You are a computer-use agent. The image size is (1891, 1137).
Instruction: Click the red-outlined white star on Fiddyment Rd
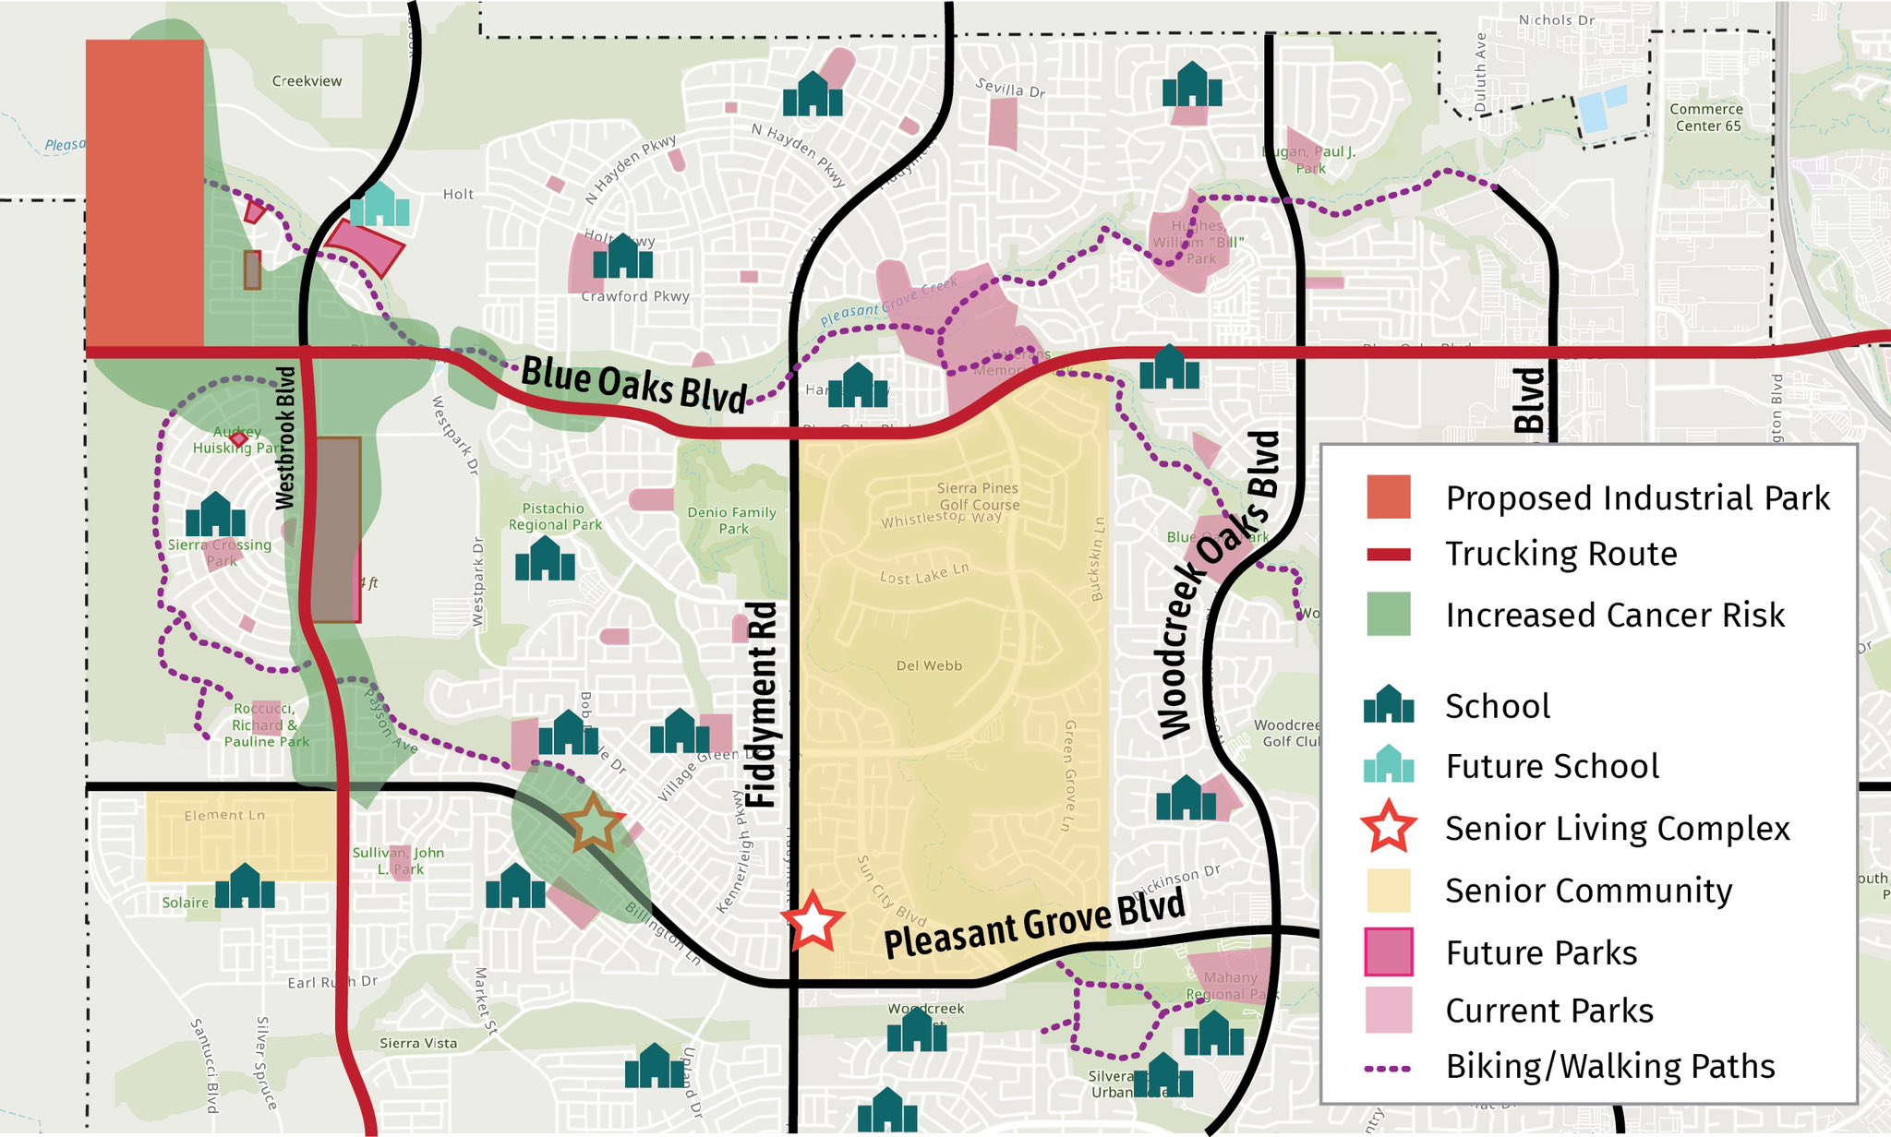[x=813, y=921]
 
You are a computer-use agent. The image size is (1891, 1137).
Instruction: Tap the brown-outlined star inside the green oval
[x=593, y=824]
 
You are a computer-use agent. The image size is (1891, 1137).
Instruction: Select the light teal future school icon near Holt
[x=379, y=205]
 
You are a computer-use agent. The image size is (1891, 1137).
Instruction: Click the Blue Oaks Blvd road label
[x=633, y=385]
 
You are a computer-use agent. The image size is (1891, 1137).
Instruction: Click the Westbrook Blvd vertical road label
[x=286, y=437]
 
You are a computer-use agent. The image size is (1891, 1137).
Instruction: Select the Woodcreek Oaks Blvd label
[x=1219, y=586]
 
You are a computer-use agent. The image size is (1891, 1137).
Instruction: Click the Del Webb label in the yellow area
[x=929, y=665]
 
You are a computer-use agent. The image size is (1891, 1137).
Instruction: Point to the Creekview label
[x=307, y=81]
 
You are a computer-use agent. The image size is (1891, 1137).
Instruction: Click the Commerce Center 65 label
[x=1706, y=117]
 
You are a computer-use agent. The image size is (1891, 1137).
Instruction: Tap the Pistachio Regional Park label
[x=554, y=517]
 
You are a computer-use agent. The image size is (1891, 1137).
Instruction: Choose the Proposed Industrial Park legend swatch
[x=1388, y=497]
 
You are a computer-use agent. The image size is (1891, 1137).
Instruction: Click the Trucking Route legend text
[x=1560, y=554]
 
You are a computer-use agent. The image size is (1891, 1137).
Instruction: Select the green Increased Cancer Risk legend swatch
[x=1388, y=615]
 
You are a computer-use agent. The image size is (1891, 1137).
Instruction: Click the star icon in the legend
[x=1388, y=828]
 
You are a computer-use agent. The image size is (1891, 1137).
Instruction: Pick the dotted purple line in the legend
[x=1388, y=1068]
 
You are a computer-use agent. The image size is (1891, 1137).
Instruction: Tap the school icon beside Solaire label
[x=245, y=887]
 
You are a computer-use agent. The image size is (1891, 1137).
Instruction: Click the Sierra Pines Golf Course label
[x=978, y=497]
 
